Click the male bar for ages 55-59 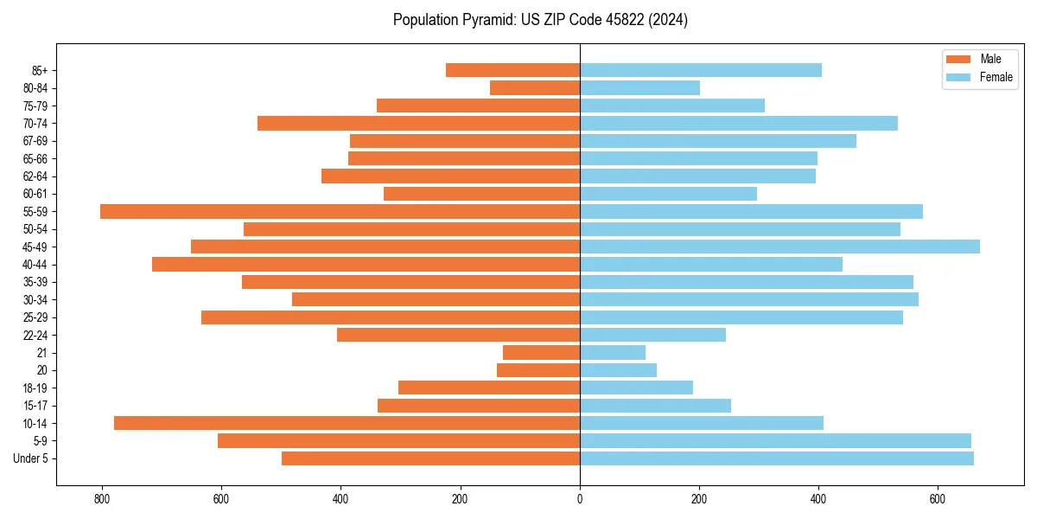(340, 211)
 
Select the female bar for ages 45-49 (779, 247)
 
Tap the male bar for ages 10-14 (347, 423)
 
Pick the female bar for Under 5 (776, 458)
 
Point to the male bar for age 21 (541, 352)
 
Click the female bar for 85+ (700, 70)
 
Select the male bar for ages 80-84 (535, 87)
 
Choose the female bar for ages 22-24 (652, 335)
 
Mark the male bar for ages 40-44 (366, 264)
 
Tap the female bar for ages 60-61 (668, 194)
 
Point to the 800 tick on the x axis (102, 498)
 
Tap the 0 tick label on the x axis (580, 498)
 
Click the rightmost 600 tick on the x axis (938, 498)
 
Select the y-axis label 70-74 (35, 123)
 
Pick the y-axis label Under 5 (31, 458)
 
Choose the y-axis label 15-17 (35, 406)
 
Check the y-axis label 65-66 (35, 158)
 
